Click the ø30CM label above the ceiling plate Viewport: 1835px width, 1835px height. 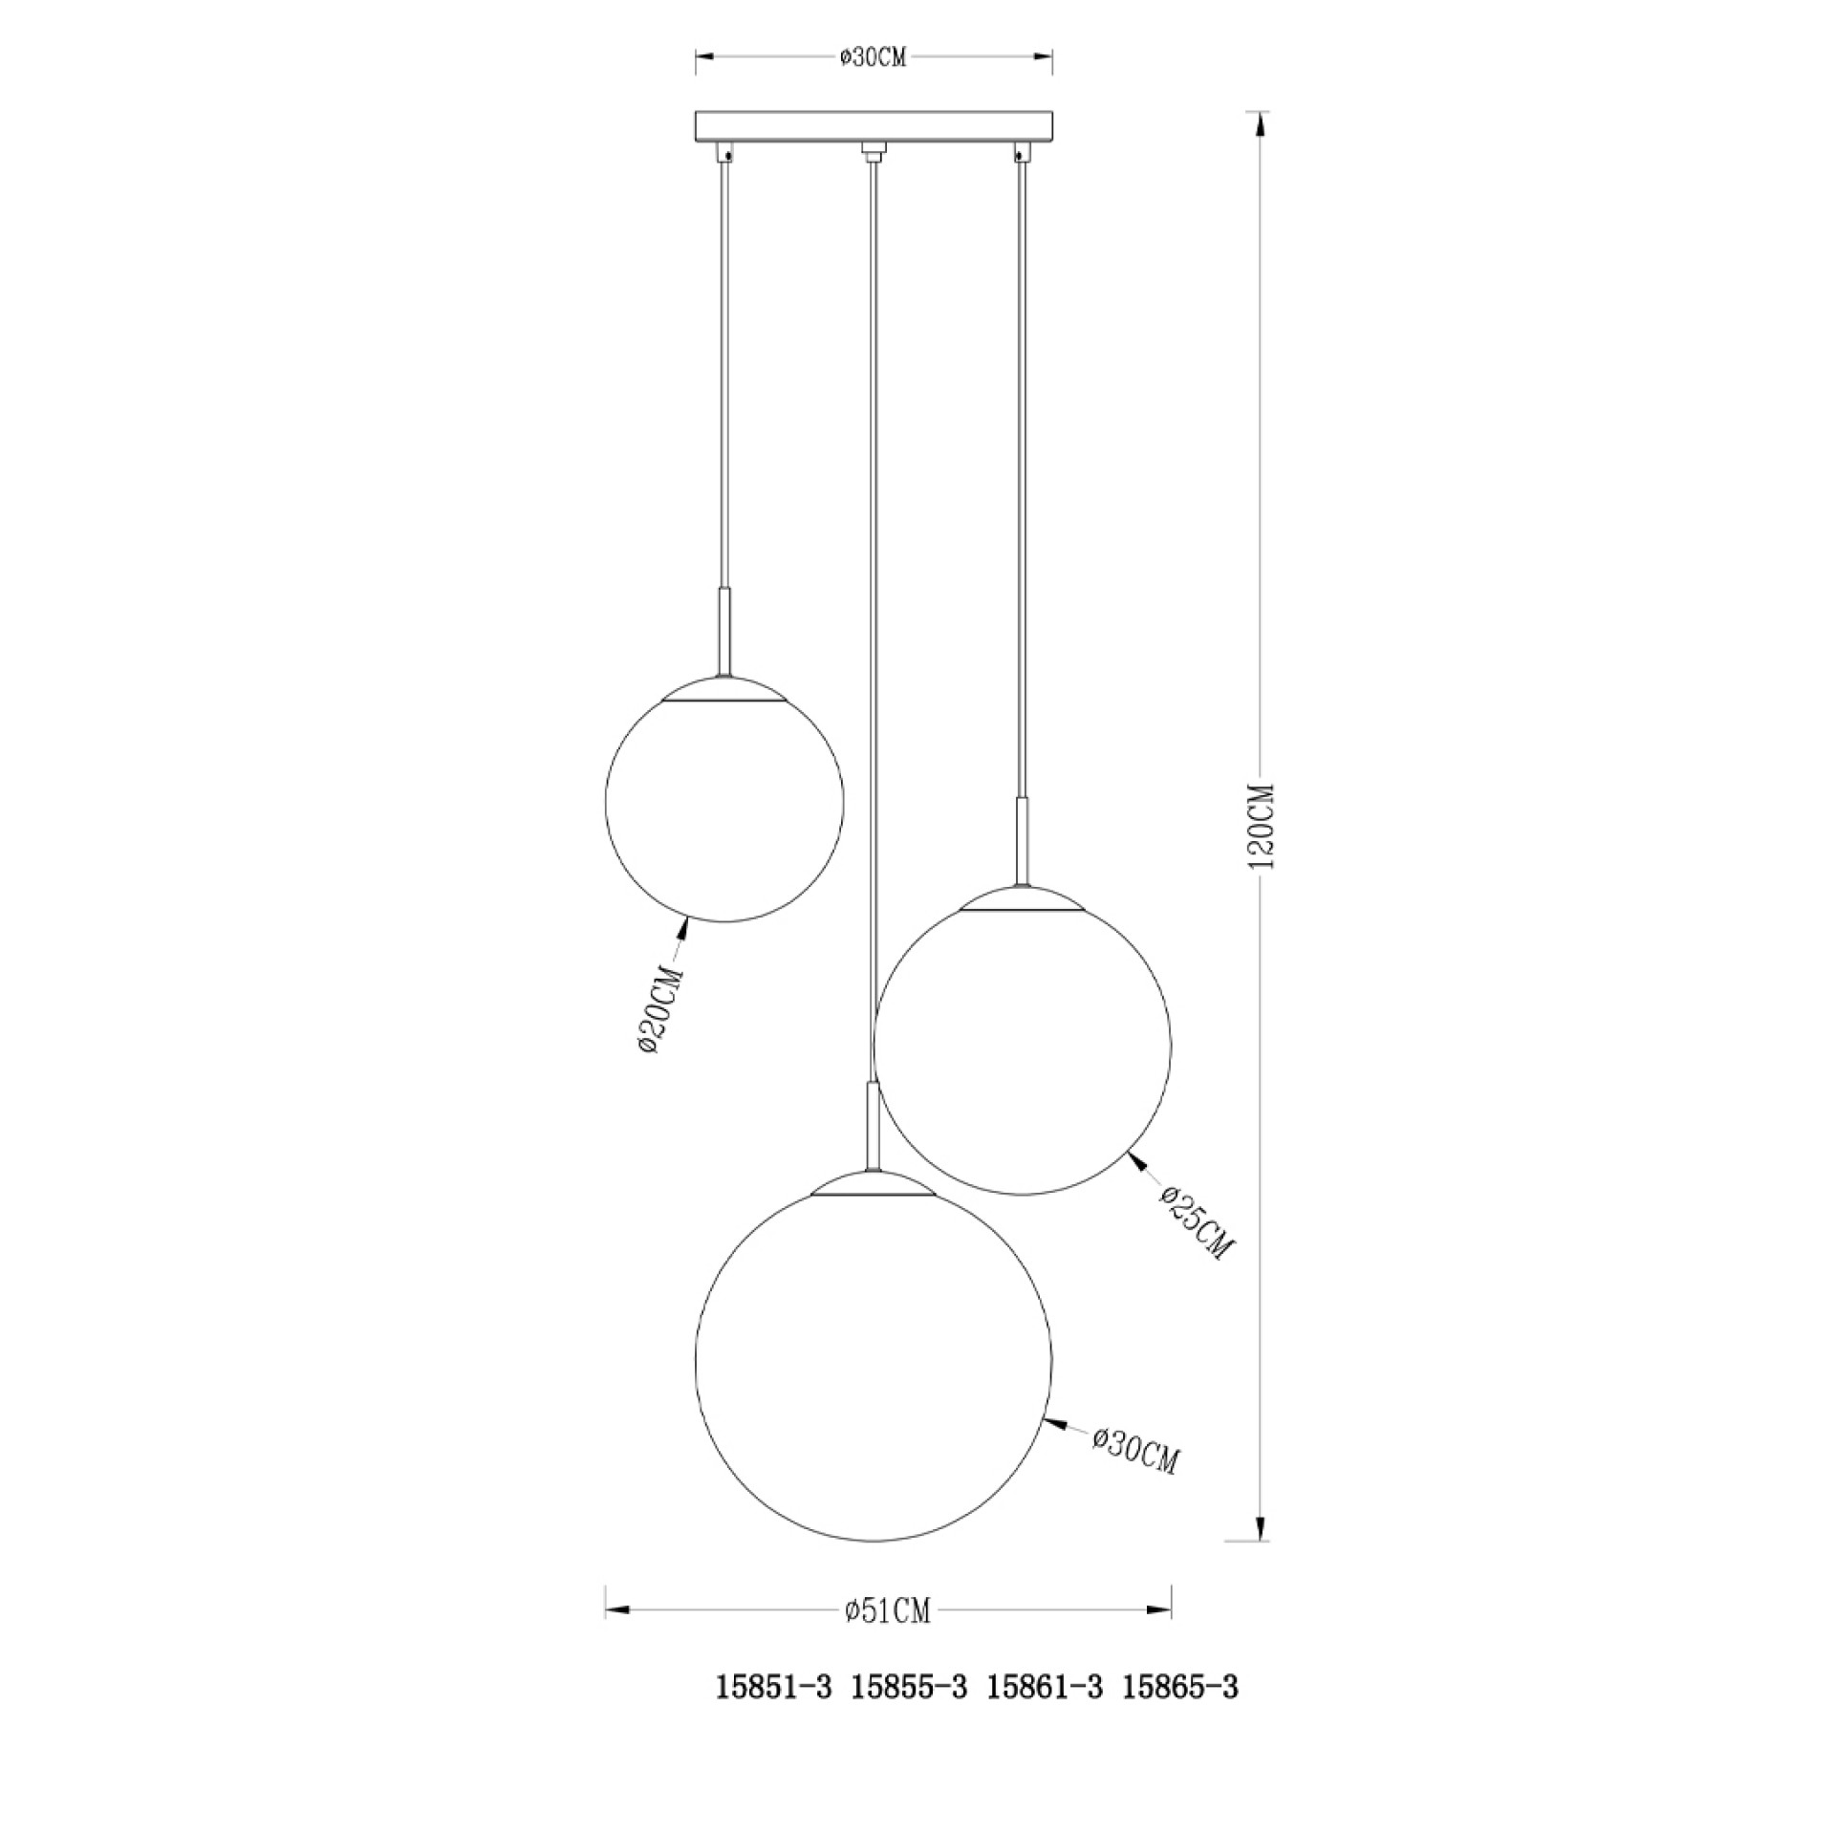[x=873, y=57]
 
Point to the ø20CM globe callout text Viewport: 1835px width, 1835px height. [x=661, y=1011]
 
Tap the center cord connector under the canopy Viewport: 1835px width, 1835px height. [x=873, y=151]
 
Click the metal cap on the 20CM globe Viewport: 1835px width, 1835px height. [x=725, y=691]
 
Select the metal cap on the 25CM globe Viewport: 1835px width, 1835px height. [x=1023, y=898]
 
